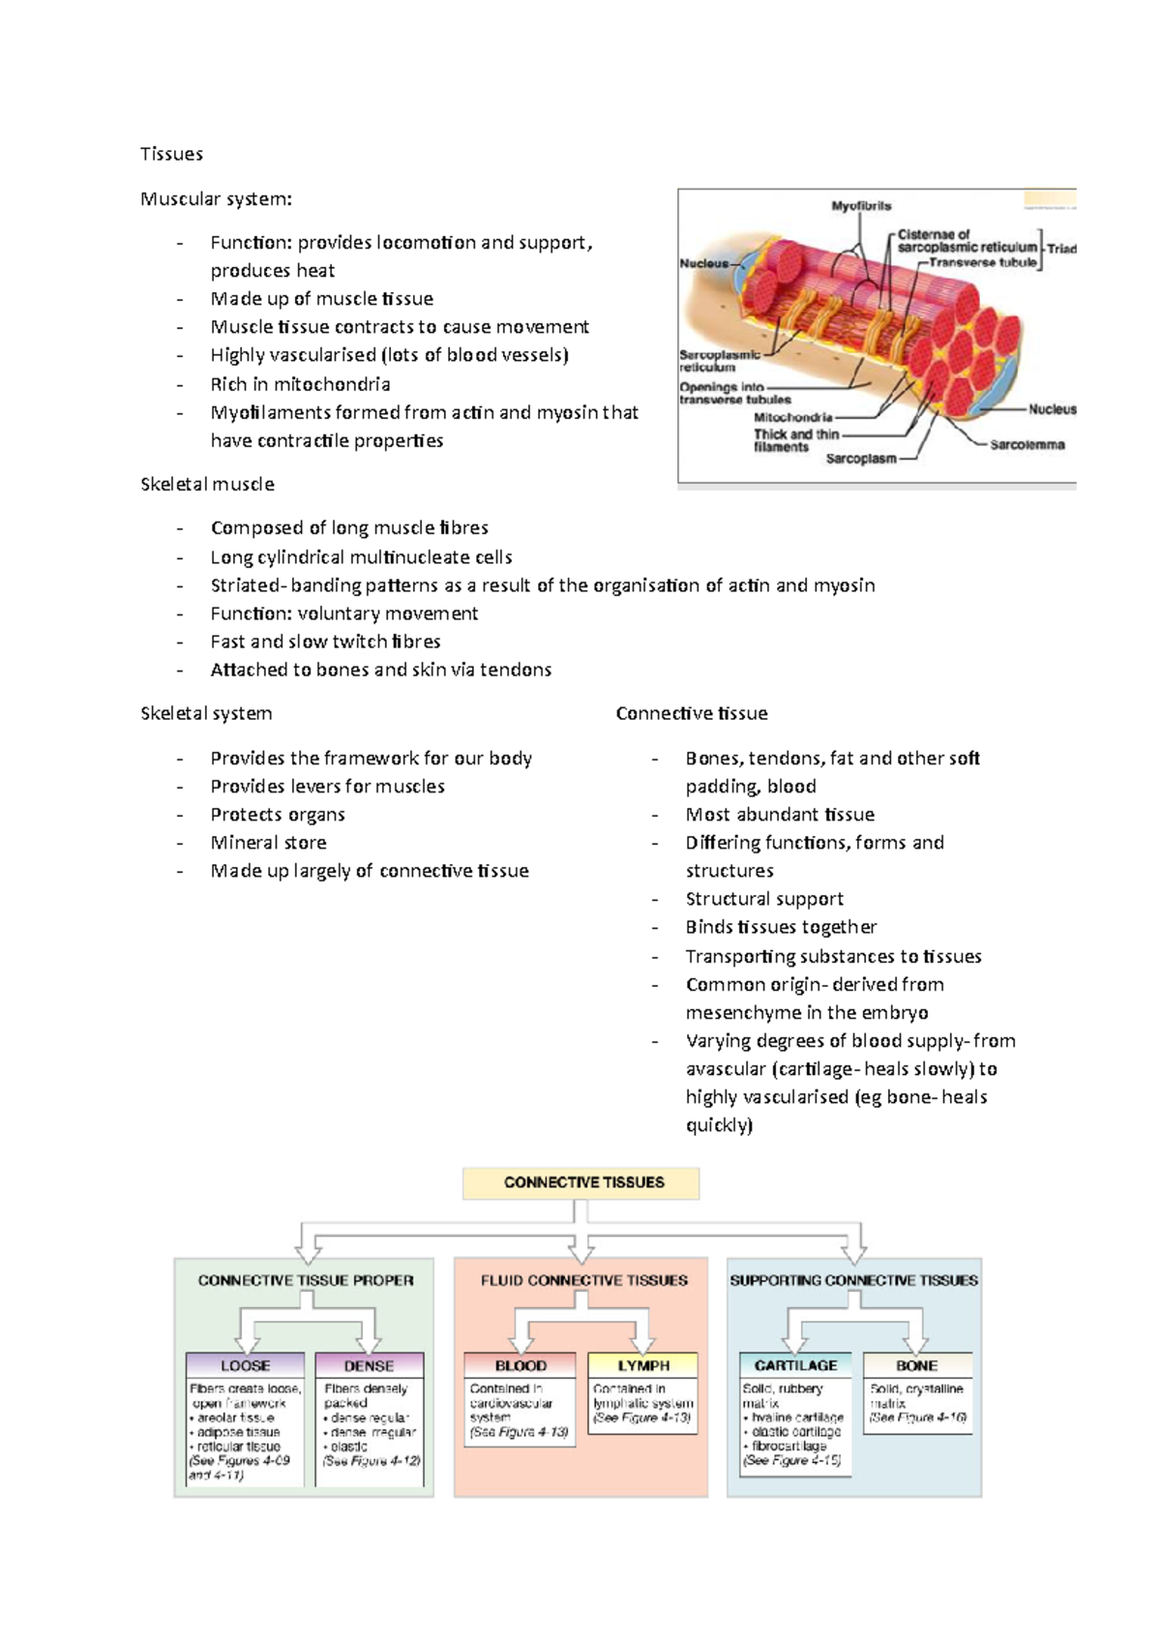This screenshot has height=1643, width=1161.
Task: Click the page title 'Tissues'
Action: [x=171, y=154]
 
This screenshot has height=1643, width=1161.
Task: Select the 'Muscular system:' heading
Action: [x=216, y=199]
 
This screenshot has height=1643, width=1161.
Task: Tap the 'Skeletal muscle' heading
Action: [x=207, y=484]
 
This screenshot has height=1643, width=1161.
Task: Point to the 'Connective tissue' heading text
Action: [x=692, y=713]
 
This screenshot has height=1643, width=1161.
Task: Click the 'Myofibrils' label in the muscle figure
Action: [x=861, y=206]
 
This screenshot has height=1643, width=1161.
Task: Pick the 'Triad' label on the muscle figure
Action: [x=1061, y=249]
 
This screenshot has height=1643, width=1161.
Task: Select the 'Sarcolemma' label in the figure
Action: [x=1027, y=445]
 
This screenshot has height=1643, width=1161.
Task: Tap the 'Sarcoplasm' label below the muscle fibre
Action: [x=860, y=459]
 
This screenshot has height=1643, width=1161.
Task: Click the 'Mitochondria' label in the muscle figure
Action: [x=792, y=418]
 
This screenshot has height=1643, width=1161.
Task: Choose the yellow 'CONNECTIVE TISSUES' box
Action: [x=581, y=1182]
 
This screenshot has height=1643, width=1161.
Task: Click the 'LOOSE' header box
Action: [x=245, y=1365]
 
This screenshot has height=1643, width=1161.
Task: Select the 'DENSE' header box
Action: [x=369, y=1365]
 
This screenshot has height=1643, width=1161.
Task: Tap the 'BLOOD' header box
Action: [x=521, y=1365]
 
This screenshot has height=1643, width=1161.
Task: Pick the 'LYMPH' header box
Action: [x=643, y=1365]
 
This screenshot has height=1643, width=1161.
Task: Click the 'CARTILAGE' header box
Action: [x=795, y=1365]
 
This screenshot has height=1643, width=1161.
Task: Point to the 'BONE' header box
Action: [x=916, y=1365]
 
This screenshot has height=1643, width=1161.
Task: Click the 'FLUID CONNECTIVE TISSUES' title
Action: [x=583, y=1280]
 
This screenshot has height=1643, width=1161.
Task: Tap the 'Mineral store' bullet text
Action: [x=268, y=843]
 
